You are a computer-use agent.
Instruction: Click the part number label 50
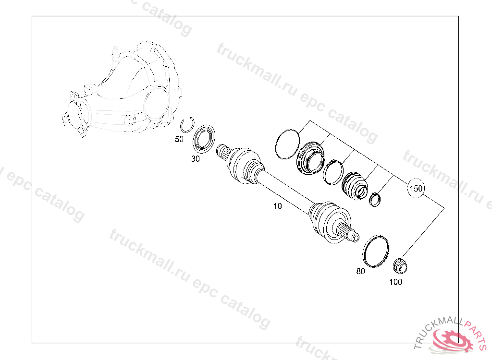[x=179, y=139]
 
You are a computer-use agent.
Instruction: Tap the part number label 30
[x=196, y=159]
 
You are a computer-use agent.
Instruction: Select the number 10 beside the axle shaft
[x=278, y=206]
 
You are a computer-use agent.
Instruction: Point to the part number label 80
[x=360, y=271]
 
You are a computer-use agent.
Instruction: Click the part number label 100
[x=396, y=282]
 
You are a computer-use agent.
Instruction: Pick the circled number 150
[x=416, y=189]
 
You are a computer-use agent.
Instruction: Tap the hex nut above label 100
[x=400, y=266]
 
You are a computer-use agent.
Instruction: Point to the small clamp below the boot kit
[x=375, y=199]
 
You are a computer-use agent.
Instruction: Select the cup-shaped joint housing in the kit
[x=310, y=158]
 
